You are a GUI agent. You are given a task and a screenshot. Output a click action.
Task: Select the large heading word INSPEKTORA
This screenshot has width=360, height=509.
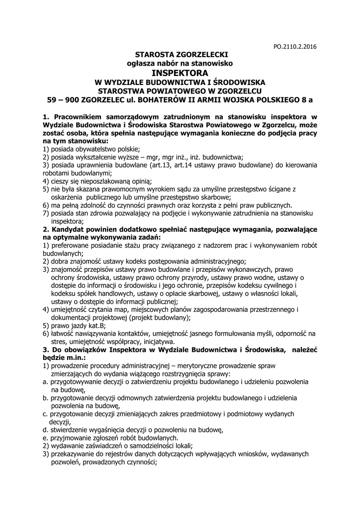(x=180, y=73)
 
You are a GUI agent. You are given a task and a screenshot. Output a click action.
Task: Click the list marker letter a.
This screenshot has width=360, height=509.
(x=45, y=382)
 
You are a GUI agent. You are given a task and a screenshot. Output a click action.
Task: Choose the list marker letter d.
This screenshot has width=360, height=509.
(x=45, y=429)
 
